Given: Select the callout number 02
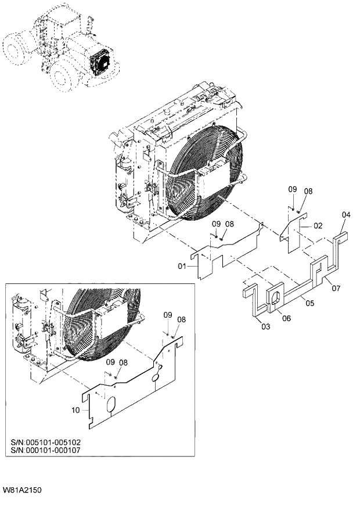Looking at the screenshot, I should point(318,225).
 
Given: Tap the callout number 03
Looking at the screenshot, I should point(265,327).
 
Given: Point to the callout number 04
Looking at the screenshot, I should point(345,215).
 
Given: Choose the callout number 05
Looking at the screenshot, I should point(309,303).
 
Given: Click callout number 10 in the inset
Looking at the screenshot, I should point(75,411).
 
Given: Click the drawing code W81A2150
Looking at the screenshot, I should point(21,490).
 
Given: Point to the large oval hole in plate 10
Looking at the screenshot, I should point(110,405).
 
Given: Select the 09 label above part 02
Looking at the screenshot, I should point(292,190).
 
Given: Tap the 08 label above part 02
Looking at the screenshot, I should point(308,191).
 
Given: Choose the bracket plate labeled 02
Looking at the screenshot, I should point(293,232).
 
